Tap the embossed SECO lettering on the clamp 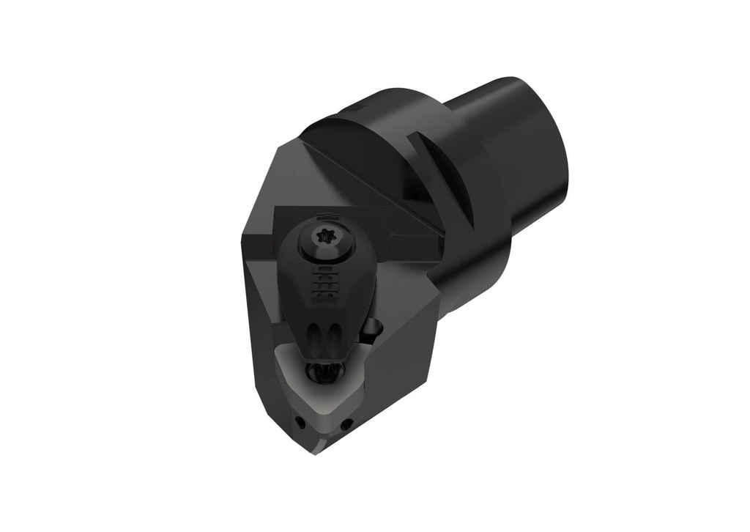322,284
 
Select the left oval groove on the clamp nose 316,339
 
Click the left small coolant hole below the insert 300,421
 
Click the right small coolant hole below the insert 346,423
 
